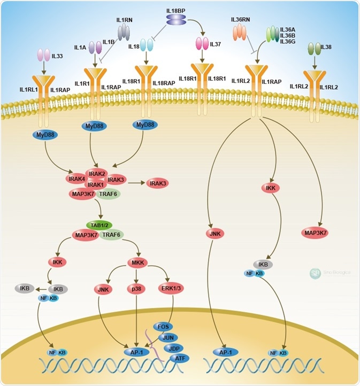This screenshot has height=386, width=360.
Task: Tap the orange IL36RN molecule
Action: click(x=240, y=33)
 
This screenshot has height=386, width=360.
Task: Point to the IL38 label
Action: click(x=326, y=48)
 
